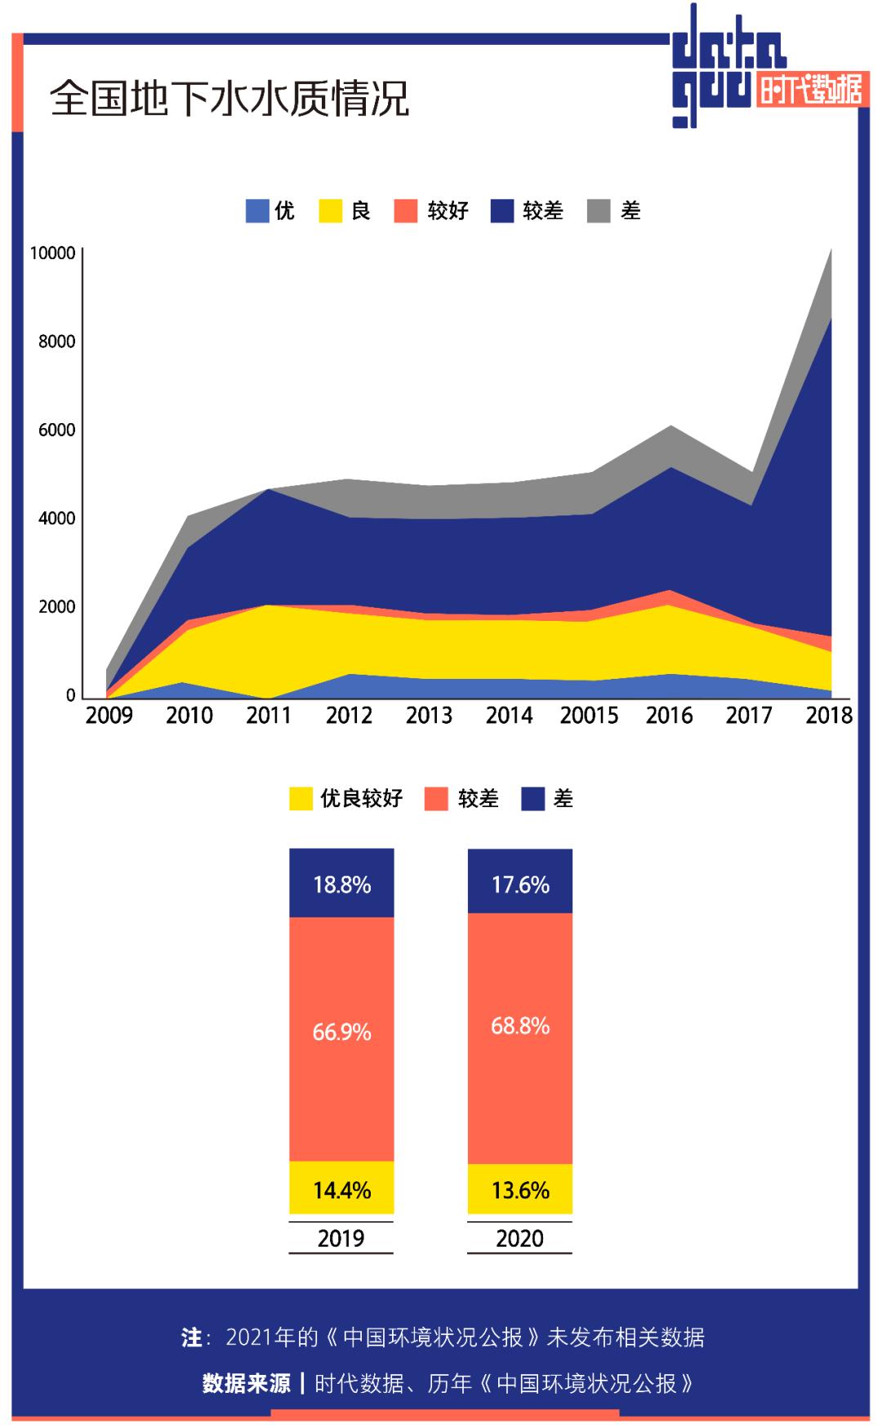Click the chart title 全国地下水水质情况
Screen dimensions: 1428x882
point(229,99)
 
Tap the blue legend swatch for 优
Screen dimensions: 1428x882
point(257,211)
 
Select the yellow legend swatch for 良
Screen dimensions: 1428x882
point(330,211)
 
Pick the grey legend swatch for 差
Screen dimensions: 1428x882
point(599,211)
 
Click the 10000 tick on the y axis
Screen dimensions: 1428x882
point(52,253)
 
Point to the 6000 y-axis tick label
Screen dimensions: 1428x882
point(56,430)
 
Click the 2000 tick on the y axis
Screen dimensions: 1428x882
point(56,607)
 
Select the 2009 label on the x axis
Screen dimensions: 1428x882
point(109,716)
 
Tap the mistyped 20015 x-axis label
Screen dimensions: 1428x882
point(589,716)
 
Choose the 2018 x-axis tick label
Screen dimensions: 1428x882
point(829,716)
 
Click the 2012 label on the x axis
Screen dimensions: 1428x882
point(350,716)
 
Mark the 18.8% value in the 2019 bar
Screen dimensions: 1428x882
point(342,885)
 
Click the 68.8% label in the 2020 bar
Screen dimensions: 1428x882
point(520,1026)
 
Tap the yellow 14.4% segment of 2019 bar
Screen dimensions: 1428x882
point(342,1189)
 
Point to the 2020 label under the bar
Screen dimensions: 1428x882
point(519,1238)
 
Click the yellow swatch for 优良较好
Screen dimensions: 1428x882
point(301,798)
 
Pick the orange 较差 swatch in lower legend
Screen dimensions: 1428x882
point(437,798)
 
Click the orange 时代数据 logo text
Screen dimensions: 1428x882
point(810,90)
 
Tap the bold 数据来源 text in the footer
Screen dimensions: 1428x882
point(246,1383)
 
